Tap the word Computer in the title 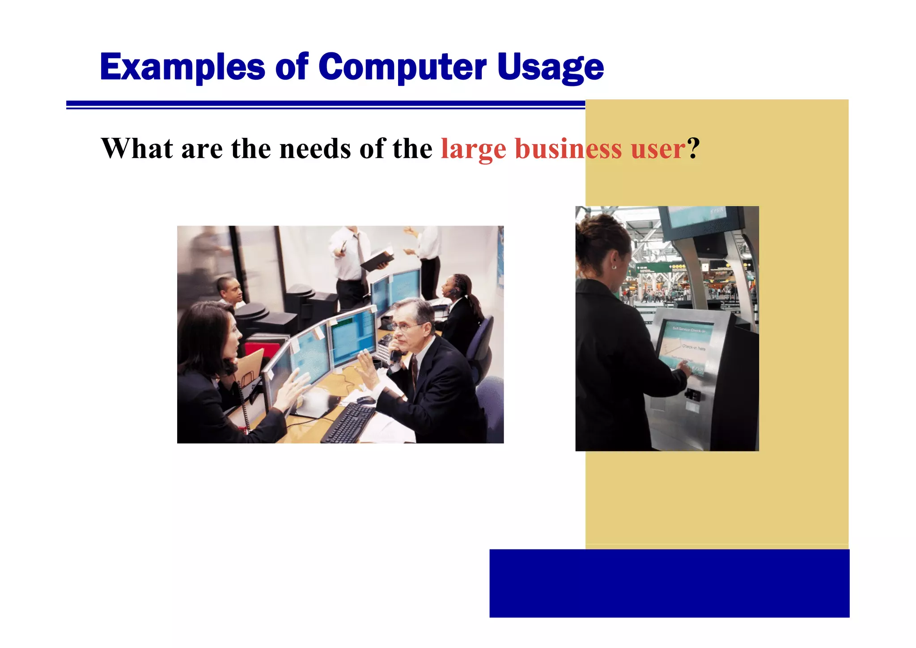click(x=402, y=67)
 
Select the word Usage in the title click(x=550, y=67)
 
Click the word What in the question click(x=137, y=149)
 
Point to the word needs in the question click(x=315, y=149)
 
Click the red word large click(x=473, y=149)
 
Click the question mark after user click(x=693, y=149)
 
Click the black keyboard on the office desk click(x=348, y=423)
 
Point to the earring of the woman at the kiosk click(x=614, y=267)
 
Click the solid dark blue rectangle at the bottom click(x=669, y=583)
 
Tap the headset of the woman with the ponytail click(x=453, y=291)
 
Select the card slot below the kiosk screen click(x=693, y=395)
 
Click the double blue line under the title click(x=325, y=105)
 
